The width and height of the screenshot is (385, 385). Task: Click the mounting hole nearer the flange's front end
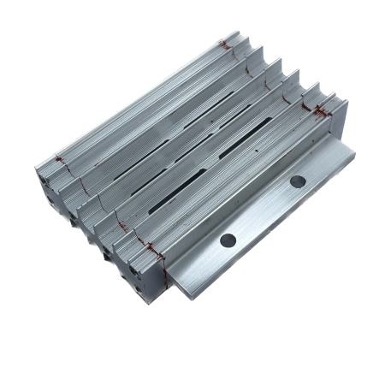tap(228, 240)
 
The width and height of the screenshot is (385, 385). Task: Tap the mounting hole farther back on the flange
tap(297, 181)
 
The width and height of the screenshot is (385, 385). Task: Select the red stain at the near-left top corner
tap(58, 160)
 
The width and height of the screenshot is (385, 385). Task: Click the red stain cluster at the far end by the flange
tap(323, 109)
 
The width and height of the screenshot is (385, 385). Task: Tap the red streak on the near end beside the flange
tap(154, 251)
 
